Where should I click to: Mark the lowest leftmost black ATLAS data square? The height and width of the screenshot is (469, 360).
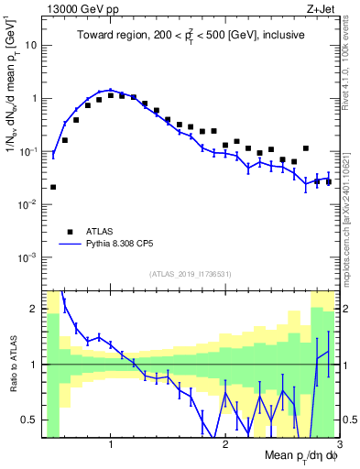53,187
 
